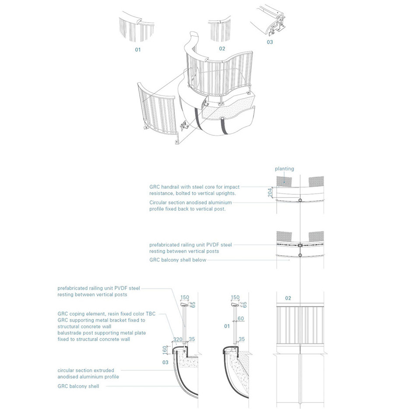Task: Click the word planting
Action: [284, 169]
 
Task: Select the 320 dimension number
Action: [177, 338]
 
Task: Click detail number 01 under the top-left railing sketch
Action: [138, 50]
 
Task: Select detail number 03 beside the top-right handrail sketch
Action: [269, 42]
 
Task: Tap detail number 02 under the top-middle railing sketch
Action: [222, 48]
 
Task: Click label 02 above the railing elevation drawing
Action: [288, 298]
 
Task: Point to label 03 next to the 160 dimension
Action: [165, 362]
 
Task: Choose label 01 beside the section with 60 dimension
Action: [227, 326]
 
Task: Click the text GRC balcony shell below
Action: [178, 260]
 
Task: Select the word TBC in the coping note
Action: [150, 314]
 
